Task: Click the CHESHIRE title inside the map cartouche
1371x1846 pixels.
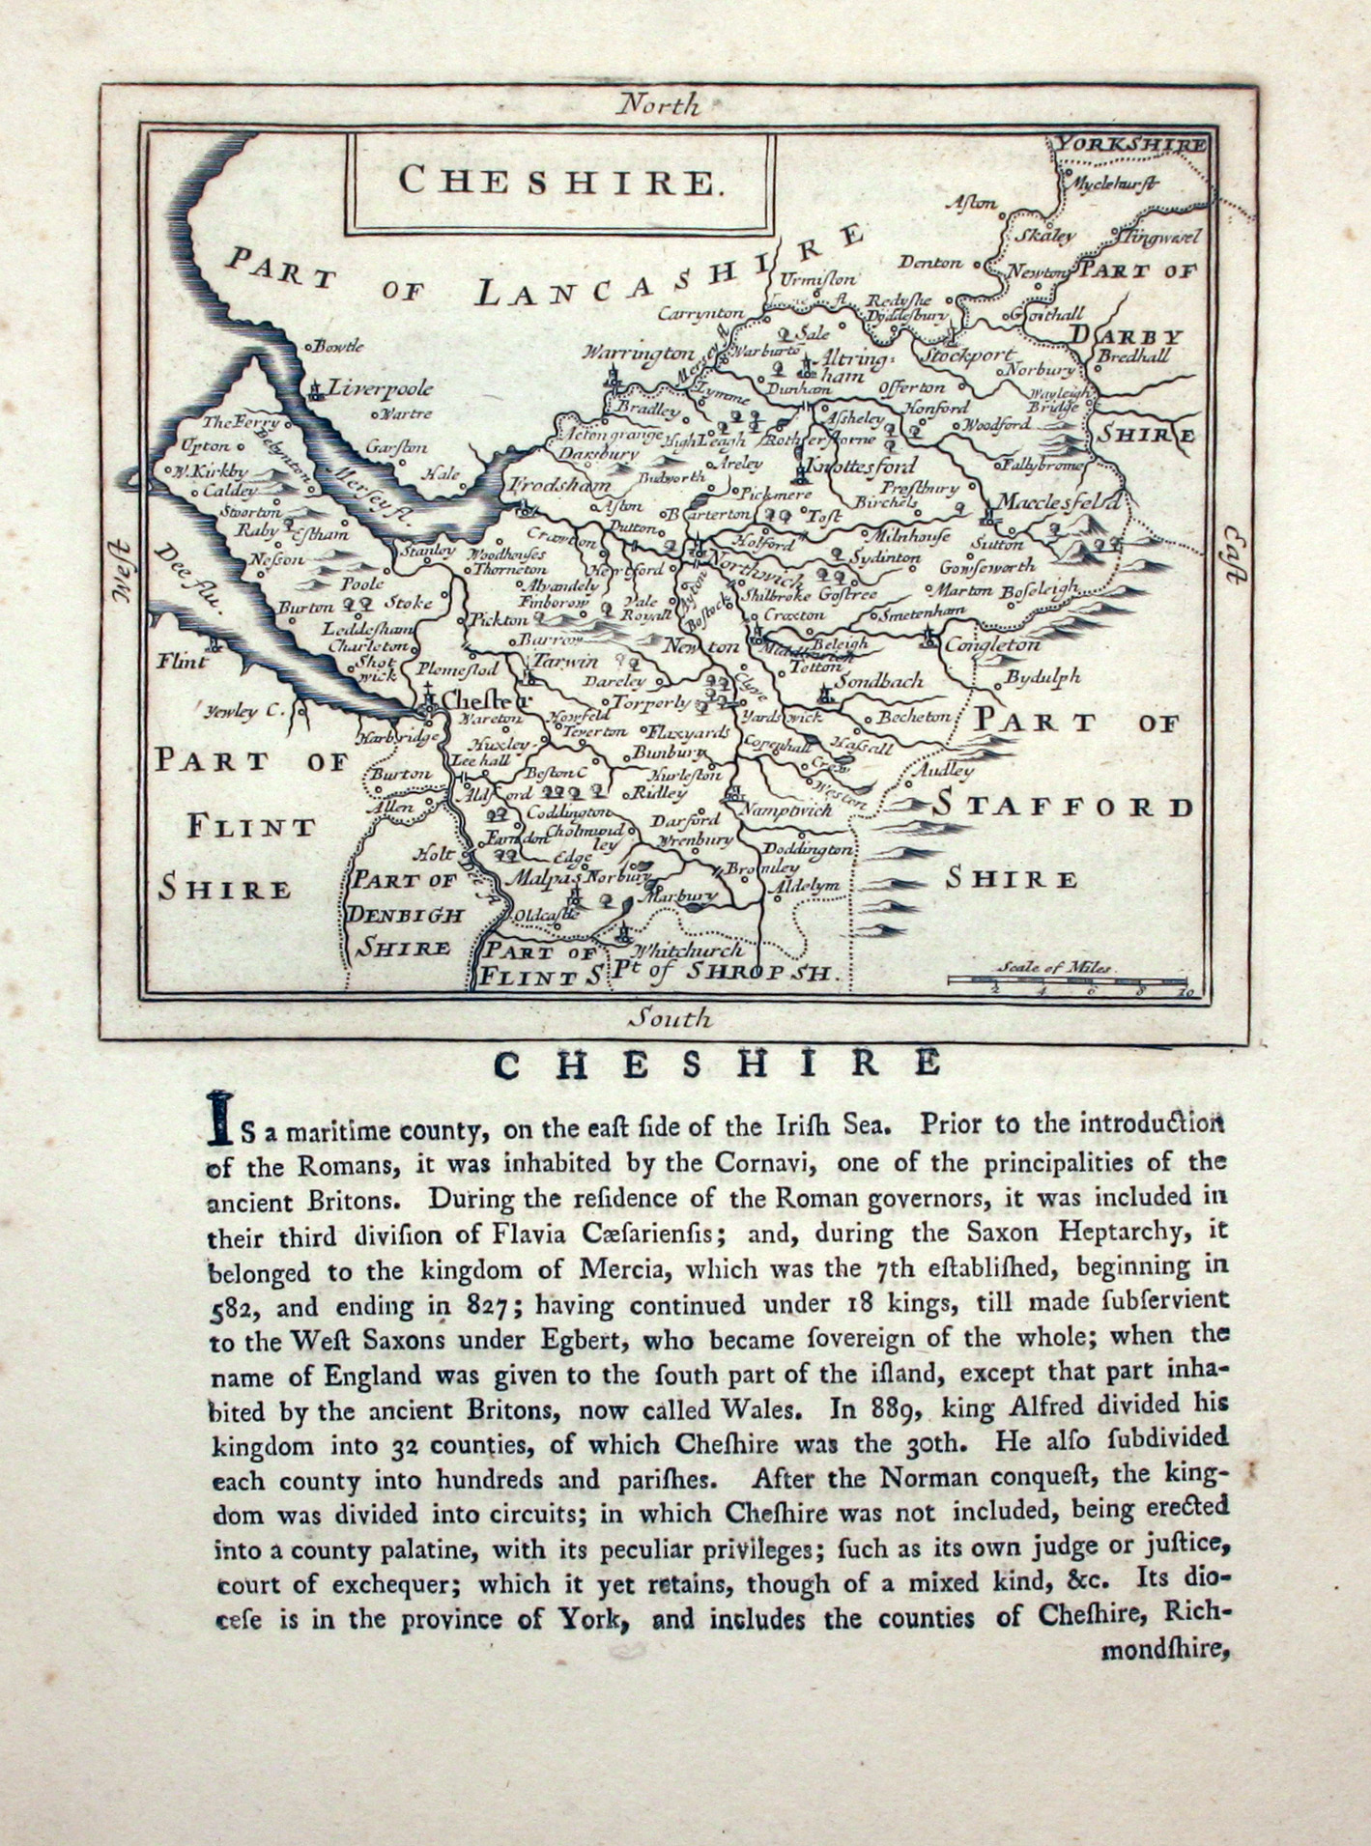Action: pyautogui.click(x=560, y=181)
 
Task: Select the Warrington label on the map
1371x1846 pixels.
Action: pyautogui.click(x=638, y=354)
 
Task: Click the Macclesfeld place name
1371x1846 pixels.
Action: pyautogui.click(x=1059, y=502)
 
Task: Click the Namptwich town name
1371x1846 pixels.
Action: pyautogui.click(x=786, y=809)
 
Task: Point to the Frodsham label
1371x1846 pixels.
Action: pyautogui.click(x=559, y=486)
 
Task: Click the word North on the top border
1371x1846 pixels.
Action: pyautogui.click(x=658, y=104)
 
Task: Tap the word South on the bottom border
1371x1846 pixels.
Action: pyautogui.click(x=671, y=1017)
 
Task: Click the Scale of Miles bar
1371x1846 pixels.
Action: pyautogui.click(x=1066, y=980)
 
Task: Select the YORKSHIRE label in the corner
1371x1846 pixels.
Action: pyautogui.click(x=1129, y=145)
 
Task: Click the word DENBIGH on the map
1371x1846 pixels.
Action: pyautogui.click(x=406, y=914)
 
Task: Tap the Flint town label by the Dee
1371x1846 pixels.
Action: pyautogui.click(x=183, y=662)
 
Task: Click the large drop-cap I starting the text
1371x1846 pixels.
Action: pyautogui.click(x=221, y=1120)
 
